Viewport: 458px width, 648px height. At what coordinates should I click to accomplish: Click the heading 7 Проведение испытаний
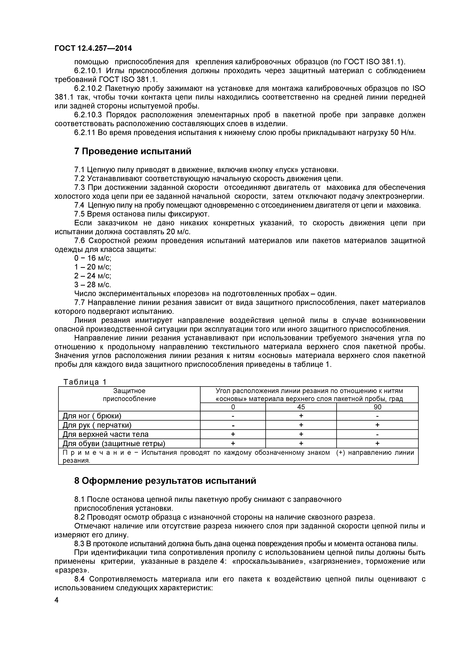click(133, 151)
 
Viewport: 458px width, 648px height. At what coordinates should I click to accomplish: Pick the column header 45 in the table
click(301, 407)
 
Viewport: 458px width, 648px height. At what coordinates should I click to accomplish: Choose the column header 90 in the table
click(377, 407)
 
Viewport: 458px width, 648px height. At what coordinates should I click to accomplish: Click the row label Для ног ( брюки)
click(92, 416)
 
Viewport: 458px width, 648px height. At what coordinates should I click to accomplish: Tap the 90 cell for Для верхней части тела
click(377, 434)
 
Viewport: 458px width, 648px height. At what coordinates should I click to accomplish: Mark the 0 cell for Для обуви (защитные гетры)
click(233, 444)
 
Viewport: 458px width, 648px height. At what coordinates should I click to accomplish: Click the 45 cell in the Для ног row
click(301, 416)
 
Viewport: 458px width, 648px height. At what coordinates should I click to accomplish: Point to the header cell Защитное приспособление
click(129, 395)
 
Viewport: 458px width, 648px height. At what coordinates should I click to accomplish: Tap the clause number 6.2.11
click(85, 133)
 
